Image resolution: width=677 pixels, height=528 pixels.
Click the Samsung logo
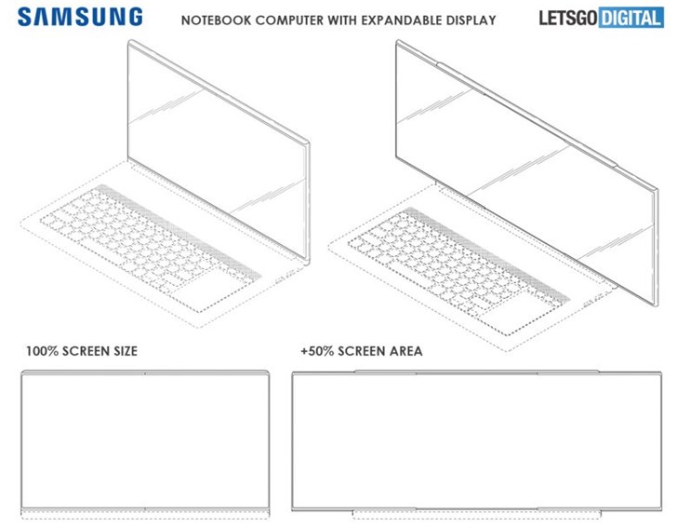pyautogui.click(x=80, y=18)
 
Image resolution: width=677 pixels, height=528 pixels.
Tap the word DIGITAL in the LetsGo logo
pyautogui.click(x=631, y=19)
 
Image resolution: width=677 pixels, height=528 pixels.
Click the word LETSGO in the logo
pyautogui.click(x=568, y=19)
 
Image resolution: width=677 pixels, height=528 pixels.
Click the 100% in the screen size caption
pyautogui.click(x=42, y=351)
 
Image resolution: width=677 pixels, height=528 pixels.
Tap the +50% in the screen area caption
pyautogui.click(x=317, y=351)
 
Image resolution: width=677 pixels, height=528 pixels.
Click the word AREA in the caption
pyautogui.click(x=405, y=351)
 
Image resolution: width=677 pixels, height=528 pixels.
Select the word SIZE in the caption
pyautogui.click(x=126, y=351)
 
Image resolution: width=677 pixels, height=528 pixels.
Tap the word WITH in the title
pyautogui.click(x=342, y=20)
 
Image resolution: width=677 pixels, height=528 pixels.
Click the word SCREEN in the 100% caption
pyautogui.click(x=86, y=351)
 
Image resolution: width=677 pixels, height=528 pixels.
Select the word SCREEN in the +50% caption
pyautogui.click(x=362, y=351)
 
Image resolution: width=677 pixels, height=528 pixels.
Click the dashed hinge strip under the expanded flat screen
pyautogui.click(x=477, y=515)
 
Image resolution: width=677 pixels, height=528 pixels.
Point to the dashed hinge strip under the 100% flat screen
pyautogui.click(x=145, y=514)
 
